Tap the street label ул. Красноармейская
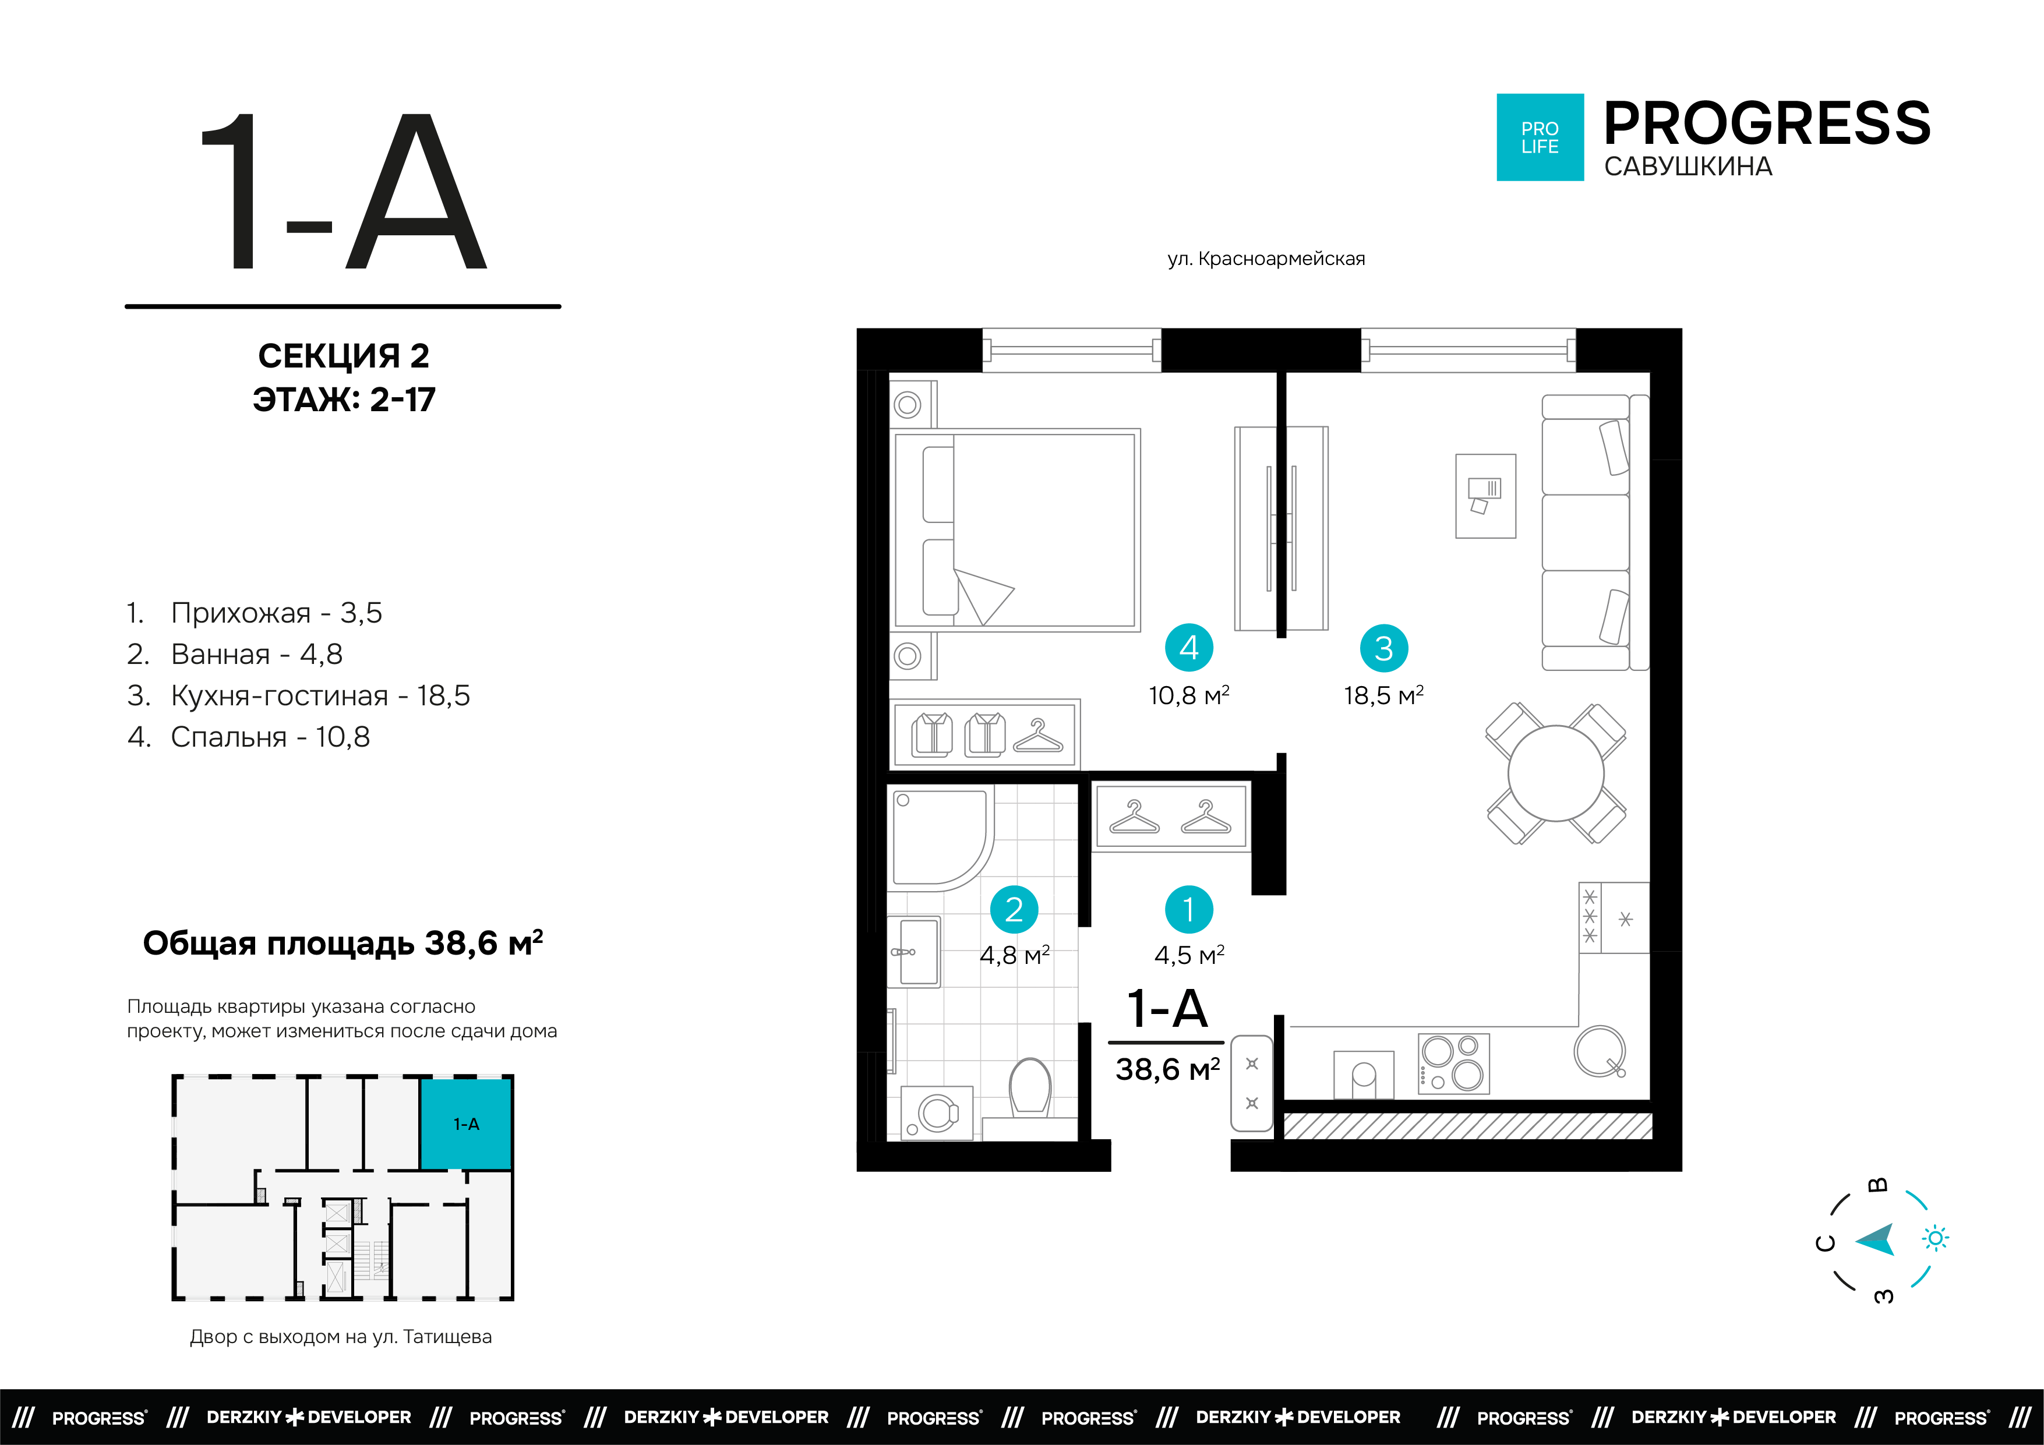pos(1266,259)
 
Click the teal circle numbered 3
pos(1383,648)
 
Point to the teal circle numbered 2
pos(1014,909)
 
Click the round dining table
pos(1555,773)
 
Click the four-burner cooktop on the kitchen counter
pos(1453,1063)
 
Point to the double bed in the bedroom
pos(1016,530)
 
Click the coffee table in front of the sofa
pos(1485,496)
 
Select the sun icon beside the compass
pos(1936,1238)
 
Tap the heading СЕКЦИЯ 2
pos(344,356)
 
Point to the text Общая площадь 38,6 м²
pos(343,943)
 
